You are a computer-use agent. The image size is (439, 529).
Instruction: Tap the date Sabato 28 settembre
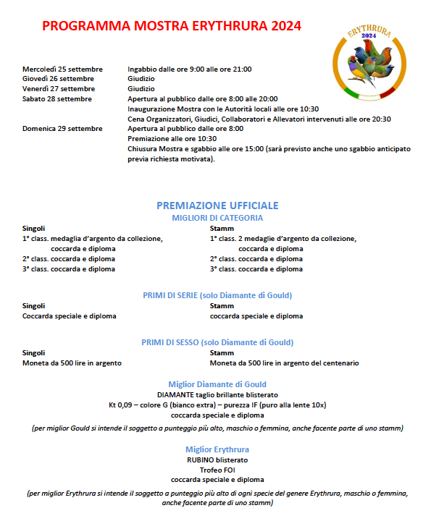[x=57, y=98]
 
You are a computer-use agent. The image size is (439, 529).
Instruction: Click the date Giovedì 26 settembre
[x=58, y=78]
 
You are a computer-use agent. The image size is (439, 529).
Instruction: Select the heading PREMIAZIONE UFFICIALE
[x=217, y=206]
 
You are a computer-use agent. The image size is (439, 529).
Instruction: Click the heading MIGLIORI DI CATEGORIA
[x=217, y=217]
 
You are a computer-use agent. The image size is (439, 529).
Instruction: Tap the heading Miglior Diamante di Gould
[x=217, y=384]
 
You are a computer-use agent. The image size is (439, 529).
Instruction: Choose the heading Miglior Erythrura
[x=217, y=449]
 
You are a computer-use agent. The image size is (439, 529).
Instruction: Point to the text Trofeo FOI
[x=217, y=470]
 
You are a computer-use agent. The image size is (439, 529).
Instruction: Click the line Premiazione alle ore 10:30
[x=172, y=138]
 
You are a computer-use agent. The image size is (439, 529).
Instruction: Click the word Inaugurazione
[x=150, y=109]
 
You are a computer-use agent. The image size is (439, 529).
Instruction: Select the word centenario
[x=338, y=363]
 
